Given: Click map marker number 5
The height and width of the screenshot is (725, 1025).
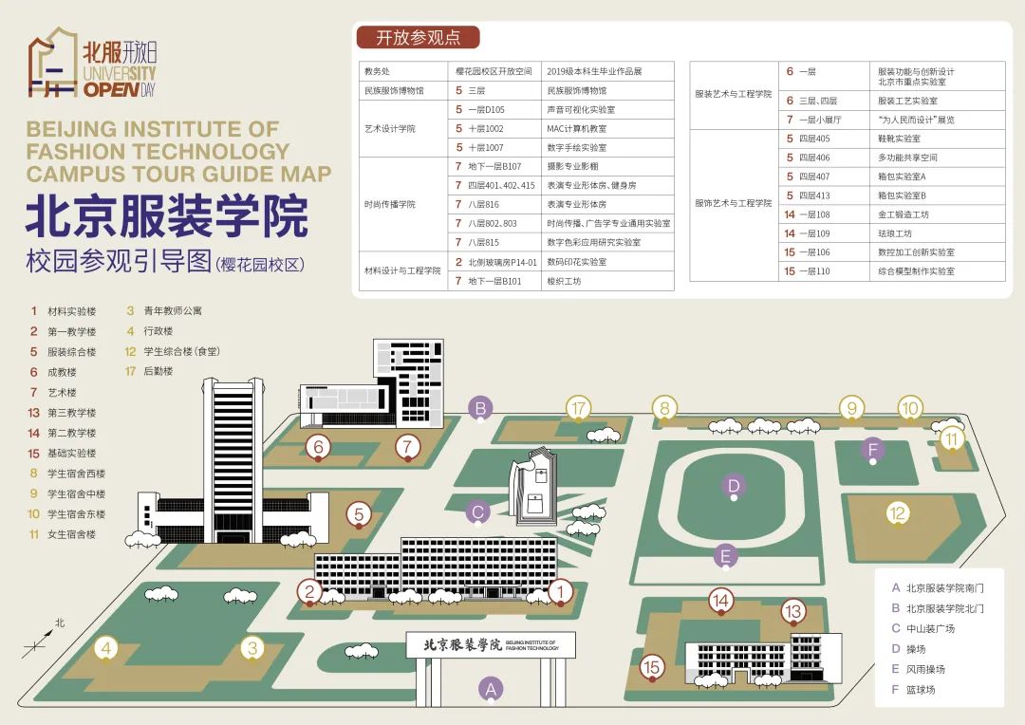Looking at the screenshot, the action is coord(358,514).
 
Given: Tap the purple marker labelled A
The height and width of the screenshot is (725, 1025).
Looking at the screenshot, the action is coord(491,688).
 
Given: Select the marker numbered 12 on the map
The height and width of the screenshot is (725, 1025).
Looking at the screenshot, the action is coord(898,513).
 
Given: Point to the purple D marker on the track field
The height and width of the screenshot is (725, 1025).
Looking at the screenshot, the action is coord(734,486).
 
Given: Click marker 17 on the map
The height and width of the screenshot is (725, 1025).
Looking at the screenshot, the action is coord(578,409).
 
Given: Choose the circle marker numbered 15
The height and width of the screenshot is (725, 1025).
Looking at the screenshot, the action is coord(651,667).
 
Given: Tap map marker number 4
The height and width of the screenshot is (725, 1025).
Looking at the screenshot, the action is coord(106,648).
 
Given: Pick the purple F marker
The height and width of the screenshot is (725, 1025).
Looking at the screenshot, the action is coord(872,450).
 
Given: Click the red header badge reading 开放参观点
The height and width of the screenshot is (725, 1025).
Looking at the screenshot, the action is coord(419,37).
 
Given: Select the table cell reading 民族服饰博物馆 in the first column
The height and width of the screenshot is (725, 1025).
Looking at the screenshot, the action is coord(394,90).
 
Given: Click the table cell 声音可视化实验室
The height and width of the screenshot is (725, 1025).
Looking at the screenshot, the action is coord(581,109).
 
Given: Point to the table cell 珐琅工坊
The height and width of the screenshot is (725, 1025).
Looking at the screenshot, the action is coord(895,233).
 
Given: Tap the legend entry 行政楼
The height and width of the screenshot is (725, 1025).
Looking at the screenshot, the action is coord(158,331).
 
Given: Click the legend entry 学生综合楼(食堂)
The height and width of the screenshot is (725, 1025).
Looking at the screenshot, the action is coord(181,352).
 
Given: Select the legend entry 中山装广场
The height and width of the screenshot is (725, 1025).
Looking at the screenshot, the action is coord(930,629).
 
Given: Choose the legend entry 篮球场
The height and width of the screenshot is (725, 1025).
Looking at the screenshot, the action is coord(921,690).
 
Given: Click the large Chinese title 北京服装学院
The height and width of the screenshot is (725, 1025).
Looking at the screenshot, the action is coord(167,215).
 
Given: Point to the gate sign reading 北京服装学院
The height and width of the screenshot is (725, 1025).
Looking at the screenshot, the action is coord(463,644).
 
